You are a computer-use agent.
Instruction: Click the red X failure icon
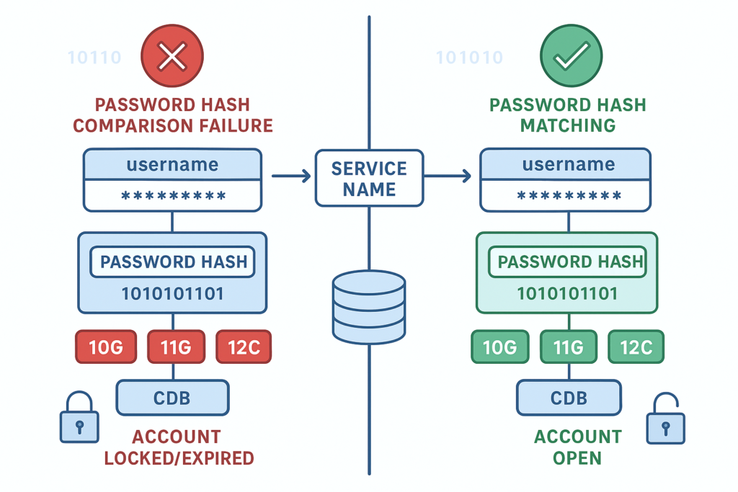(x=172, y=56)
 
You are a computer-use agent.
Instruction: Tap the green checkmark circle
(x=571, y=56)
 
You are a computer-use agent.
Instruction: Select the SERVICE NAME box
(x=369, y=179)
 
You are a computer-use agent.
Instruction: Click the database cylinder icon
(x=369, y=306)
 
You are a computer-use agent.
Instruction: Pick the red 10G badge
(x=105, y=348)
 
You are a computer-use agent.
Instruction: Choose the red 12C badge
(x=244, y=348)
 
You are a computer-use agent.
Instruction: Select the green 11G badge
(x=567, y=348)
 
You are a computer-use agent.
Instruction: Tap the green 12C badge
(x=636, y=348)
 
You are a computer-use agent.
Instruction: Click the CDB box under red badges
(x=172, y=398)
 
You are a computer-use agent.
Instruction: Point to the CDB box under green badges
(x=569, y=398)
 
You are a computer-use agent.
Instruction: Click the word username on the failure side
(x=172, y=164)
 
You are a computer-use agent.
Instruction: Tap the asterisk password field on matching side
(x=569, y=196)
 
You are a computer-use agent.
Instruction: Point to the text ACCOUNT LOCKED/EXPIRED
(x=178, y=447)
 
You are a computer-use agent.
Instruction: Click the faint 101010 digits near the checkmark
(x=469, y=58)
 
